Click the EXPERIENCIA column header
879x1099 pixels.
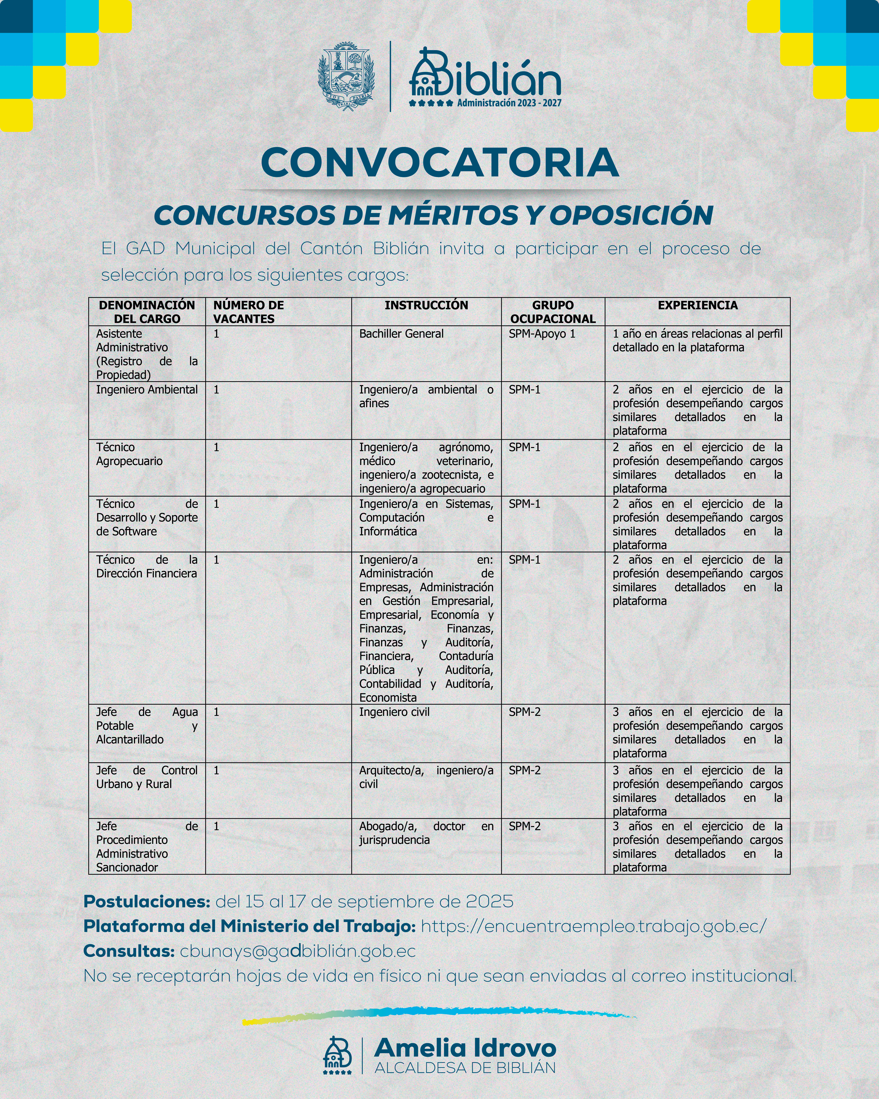click(x=698, y=305)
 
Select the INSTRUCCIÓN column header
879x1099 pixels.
click(x=426, y=305)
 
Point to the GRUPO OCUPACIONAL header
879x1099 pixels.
click(x=553, y=312)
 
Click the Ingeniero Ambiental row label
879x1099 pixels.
click(x=147, y=389)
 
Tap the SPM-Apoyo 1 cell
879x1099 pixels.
click(x=542, y=334)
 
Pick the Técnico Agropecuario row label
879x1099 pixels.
click(x=130, y=454)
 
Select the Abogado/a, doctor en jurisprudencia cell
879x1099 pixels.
click(x=426, y=833)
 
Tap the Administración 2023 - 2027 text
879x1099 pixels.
click(x=509, y=103)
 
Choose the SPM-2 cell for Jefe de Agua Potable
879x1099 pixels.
click(x=524, y=712)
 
